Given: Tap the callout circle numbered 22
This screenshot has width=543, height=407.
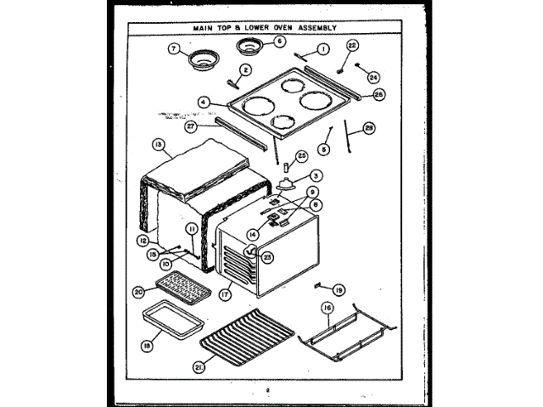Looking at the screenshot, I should [x=352, y=46].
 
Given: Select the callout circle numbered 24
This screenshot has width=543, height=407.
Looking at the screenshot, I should [x=372, y=75].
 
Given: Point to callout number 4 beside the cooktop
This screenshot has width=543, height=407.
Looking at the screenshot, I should [x=204, y=102].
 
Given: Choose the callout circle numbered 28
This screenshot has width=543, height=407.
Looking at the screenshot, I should [x=368, y=130].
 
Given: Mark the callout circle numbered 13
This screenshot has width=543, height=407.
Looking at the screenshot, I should [x=159, y=144].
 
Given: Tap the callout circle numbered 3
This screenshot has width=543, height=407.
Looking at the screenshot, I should [x=316, y=176].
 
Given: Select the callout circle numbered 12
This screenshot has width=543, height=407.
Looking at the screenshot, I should [x=143, y=240].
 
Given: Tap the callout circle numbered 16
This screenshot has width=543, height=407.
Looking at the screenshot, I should [x=325, y=309].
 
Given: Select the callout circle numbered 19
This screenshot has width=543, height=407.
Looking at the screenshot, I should [x=339, y=289].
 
